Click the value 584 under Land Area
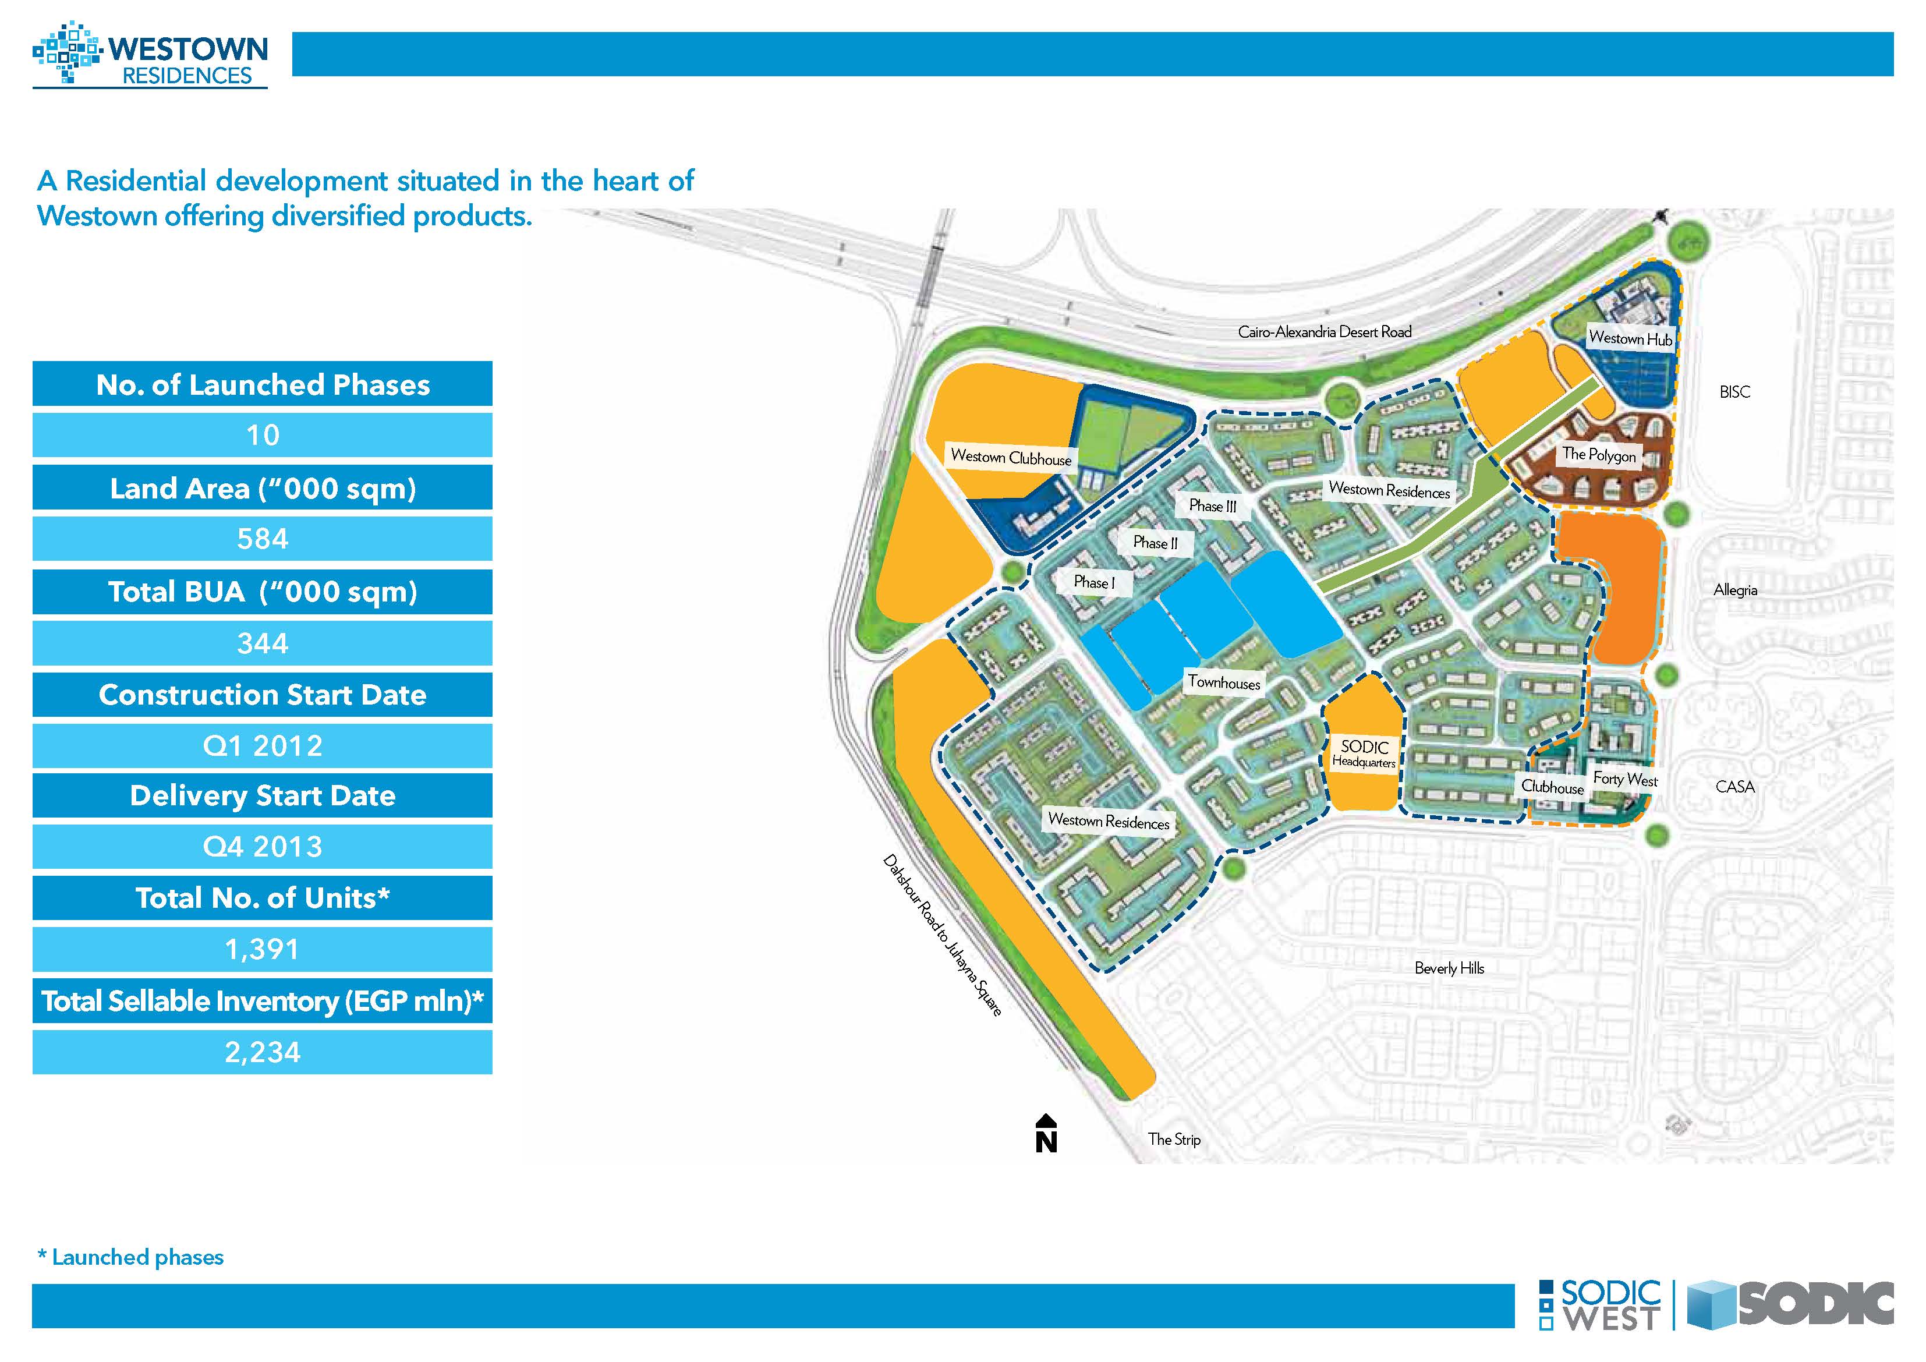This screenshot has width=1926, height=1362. [263, 539]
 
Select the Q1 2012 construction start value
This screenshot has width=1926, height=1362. [263, 746]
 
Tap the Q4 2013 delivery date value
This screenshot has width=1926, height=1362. [263, 847]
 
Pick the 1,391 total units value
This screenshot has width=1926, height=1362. [263, 949]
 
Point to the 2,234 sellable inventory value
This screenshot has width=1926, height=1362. [263, 1052]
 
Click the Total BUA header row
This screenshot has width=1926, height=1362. [263, 592]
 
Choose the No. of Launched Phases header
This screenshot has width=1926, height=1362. [263, 384]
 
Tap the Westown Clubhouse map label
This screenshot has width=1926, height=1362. [1011, 457]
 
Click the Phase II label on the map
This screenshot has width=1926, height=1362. [1155, 543]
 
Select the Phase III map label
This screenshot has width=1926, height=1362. [1213, 506]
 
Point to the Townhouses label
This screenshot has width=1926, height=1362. [1224, 682]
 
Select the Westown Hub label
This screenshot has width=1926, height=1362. [1630, 338]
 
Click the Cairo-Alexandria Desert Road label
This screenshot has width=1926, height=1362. [1325, 331]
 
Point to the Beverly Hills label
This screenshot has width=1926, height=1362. [1449, 968]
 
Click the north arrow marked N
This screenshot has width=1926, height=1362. [1046, 1134]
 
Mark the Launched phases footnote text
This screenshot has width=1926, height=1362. [131, 1257]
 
